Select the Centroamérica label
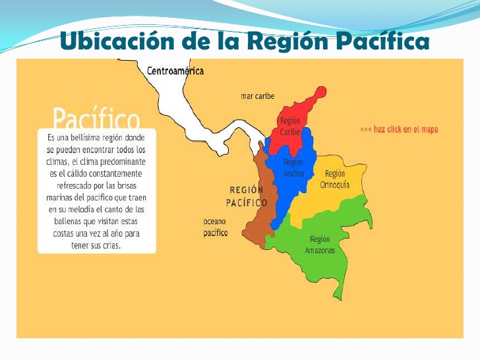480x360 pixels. click(x=175, y=71)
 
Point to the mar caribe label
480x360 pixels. click(x=257, y=96)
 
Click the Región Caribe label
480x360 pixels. click(x=289, y=127)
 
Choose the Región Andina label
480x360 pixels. click(x=293, y=167)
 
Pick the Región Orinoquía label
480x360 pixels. click(x=334, y=179)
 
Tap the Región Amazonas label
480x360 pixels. click(x=320, y=245)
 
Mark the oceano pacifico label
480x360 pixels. click(x=215, y=227)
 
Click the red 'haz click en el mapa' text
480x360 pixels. click(x=399, y=130)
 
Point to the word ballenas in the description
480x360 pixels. click(x=66, y=221)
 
